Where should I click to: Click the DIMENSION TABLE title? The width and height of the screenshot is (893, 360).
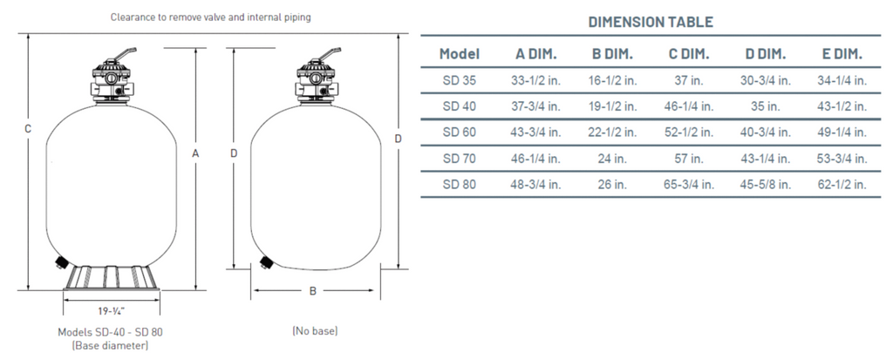(x=651, y=22)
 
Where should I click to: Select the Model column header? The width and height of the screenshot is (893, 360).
(x=459, y=54)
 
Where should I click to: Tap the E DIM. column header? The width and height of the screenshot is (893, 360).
(x=842, y=54)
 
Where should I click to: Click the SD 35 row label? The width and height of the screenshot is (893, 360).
(x=459, y=80)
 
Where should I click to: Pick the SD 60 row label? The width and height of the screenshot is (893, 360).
(x=459, y=132)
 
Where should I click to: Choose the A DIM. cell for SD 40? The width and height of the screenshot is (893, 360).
(x=536, y=106)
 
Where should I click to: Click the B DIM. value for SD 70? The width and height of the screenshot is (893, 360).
(x=612, y=159)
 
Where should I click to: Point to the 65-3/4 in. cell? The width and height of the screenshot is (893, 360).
(x=689, y=185)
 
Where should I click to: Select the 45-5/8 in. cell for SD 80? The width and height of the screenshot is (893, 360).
(x=766, y=185)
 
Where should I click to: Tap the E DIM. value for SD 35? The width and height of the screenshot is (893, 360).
(x=842, y=80)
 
